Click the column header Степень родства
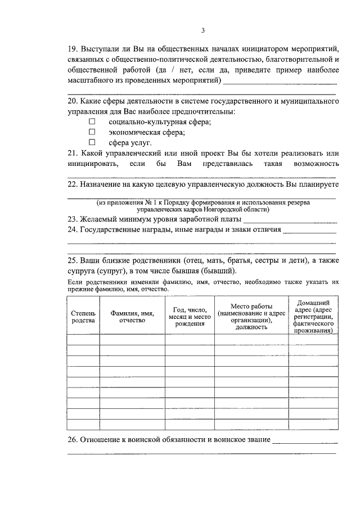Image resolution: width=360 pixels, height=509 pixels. tap(83, 316)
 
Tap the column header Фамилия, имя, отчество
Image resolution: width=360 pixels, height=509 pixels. tap(132, 316)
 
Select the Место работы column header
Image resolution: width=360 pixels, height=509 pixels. tap(251, 316)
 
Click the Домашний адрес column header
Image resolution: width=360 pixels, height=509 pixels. tap(313, 316)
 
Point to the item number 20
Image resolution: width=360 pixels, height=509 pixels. tap(73, 101)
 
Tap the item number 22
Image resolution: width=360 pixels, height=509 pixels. tap(73, 184)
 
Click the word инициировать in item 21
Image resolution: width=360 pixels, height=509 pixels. tap(93, 164)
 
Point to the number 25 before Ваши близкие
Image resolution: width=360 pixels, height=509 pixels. tap(73, 262)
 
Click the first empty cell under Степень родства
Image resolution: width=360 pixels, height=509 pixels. tap(83, 339)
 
